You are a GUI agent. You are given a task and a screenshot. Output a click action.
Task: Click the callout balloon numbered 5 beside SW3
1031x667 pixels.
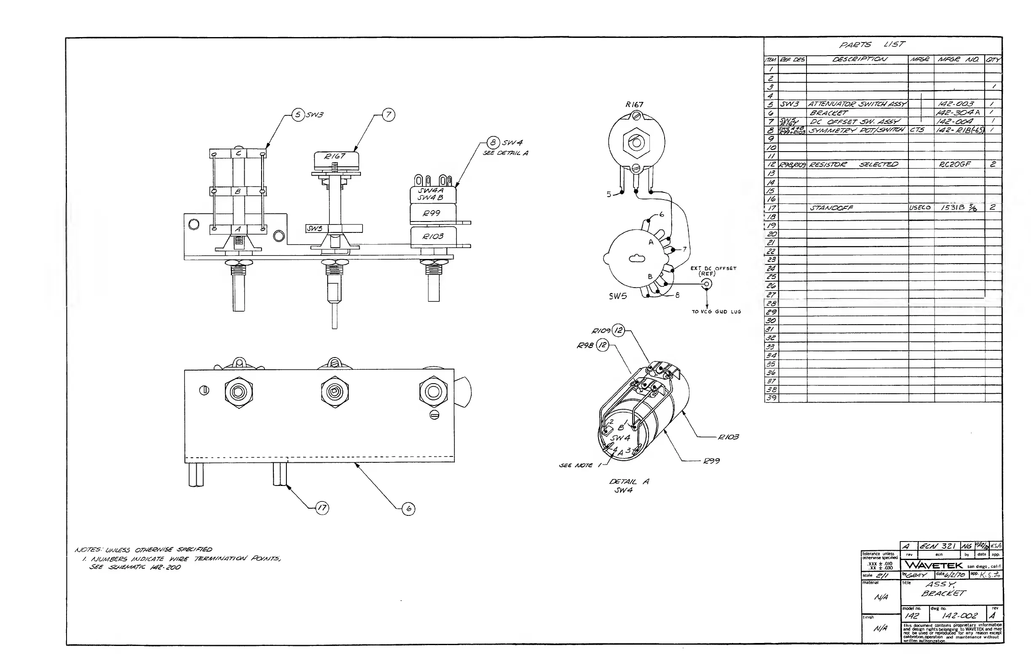tap(298, 115)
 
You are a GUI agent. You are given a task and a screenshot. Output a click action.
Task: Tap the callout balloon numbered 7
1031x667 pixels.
tap(389, 115)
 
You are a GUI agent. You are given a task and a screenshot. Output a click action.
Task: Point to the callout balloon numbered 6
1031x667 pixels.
tap(409, 509)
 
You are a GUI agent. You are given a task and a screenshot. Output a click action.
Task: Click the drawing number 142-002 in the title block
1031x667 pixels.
tap(959, 616)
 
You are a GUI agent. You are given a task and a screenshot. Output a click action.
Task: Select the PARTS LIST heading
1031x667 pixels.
tap(871, 45)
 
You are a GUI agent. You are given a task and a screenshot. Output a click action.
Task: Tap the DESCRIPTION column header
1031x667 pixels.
tap(860, 59)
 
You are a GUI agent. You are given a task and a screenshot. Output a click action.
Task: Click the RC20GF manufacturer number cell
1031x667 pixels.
tap(955, 164)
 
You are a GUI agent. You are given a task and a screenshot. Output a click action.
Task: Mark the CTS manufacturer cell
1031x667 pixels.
tap(917, 130)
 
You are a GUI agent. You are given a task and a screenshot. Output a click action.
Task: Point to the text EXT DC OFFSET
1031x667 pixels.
tap(713, 269)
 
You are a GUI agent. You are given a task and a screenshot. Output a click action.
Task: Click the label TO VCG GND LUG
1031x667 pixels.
tap(716, 312)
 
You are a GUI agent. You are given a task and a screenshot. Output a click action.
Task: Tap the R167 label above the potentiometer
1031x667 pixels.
tap(634, 104)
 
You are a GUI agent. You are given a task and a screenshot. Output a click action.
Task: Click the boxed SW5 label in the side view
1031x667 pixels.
tap(315, 228)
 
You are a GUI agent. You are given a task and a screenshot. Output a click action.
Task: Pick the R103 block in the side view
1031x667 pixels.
tap(433, 237)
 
